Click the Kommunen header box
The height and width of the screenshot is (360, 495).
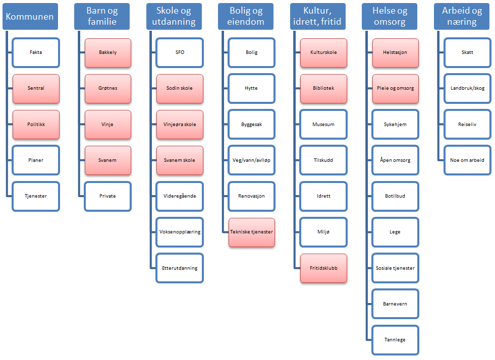30,17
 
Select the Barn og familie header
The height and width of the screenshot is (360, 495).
102,17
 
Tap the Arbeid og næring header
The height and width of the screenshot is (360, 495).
462,17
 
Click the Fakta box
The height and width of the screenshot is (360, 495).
36,53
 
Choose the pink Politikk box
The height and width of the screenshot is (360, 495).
36,125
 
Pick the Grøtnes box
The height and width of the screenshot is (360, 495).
107,89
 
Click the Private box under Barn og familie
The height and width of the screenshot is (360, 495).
107,196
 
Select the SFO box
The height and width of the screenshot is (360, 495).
180,53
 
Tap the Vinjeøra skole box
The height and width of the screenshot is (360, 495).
180,125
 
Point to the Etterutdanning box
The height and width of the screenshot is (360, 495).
180,268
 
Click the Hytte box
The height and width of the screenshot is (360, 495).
251,89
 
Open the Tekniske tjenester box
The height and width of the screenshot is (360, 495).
252,232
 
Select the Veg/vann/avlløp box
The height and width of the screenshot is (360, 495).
251,160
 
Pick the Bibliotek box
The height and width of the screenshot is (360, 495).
323,89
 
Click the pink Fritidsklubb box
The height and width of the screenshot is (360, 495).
323,268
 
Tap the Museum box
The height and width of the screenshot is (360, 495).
323,125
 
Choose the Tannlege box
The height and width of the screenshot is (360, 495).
395,340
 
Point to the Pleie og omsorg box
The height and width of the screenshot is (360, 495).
396,89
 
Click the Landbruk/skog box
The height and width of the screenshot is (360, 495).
468,89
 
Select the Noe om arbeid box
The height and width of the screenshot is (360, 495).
468,160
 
